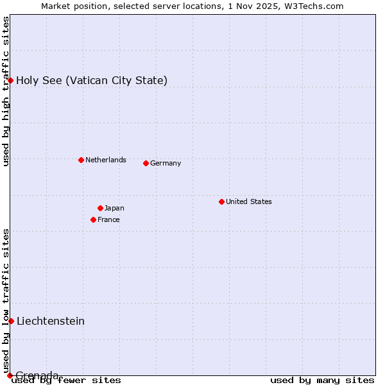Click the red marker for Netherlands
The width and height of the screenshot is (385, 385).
(81, 160)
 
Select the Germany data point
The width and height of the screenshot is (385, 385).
(146, 163)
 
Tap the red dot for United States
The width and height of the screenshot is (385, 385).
(221, 201)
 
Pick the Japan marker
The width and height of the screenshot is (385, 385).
(100, 208)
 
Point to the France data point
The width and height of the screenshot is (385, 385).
(93, 219)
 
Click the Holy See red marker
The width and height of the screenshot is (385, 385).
(10, 80)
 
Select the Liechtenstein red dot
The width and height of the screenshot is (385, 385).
(11, 321)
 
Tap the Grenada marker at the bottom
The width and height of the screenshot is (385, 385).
(10, 375)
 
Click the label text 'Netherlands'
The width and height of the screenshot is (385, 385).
(105, 160)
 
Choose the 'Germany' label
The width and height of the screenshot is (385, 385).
(166, 163)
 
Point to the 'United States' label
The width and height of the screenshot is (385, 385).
(248, 201)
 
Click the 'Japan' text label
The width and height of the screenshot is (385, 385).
(114, 208)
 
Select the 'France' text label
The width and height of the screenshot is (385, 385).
(108, 219)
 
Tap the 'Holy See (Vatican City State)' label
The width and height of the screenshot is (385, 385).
(92, 80)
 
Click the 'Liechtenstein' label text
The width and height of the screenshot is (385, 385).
(51, 321)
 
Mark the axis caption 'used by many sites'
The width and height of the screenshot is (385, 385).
(322, 380)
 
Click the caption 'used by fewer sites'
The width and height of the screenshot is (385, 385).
(66, 380)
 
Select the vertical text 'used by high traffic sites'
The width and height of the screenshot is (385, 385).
(6, 91)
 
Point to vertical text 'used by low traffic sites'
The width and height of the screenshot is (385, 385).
(6, 300)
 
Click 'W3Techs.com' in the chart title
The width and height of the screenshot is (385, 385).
(314, 6)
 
